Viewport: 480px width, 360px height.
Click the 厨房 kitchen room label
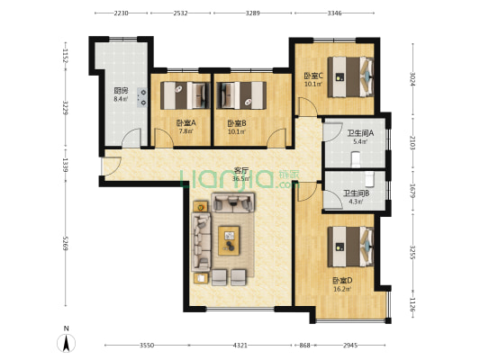pyautogui.click(x=121, y=90)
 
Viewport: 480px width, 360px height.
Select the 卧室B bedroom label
pyautogui.click(x=236, y=123)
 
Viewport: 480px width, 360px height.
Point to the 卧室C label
pyautogui.click(x=313, y=76)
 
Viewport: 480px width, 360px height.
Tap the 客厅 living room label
pyautogui.click(x=241, y=169)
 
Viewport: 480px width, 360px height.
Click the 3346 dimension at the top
pyautogui.click(x=334, y=13)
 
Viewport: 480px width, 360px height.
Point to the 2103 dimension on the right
pyautogui.click(x=413, y=142)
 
